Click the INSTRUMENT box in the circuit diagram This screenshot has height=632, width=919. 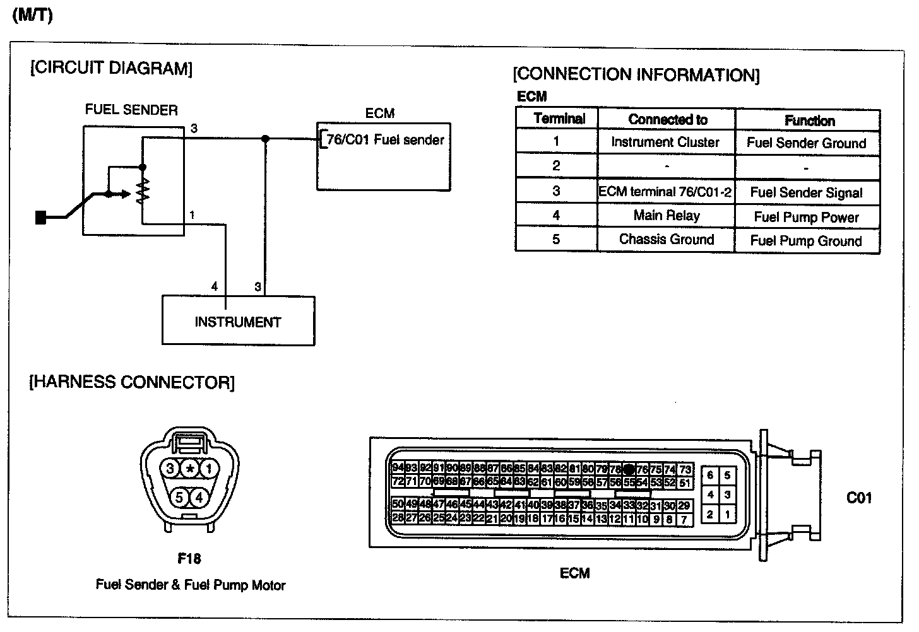238,321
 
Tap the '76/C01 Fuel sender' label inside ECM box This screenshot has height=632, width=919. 385,140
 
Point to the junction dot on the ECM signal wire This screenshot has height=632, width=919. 265,139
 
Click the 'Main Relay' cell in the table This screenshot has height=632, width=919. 667,216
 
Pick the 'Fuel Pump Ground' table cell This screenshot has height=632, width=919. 806,241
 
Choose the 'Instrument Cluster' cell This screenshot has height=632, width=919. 665,143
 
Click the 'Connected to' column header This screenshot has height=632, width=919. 668,119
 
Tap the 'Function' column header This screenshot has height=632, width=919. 809,120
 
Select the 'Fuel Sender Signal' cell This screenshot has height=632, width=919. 806,193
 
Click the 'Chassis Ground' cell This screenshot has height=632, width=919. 667,240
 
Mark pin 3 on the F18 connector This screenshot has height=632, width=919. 170,469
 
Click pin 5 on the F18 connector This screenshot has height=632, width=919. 179,498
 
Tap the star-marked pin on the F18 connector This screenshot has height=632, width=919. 189,469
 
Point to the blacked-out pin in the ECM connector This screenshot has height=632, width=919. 629,470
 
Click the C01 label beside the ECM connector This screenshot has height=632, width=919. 859,498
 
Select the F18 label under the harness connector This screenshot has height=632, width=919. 189,559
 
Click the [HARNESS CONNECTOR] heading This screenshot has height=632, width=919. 132,382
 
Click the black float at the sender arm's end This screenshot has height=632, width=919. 42,218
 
